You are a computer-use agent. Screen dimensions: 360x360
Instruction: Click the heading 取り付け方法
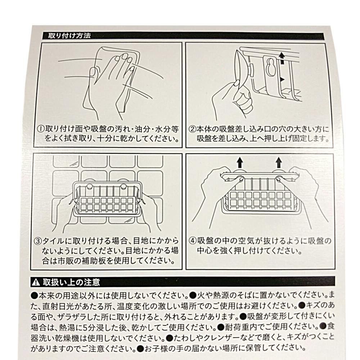click(69, 36)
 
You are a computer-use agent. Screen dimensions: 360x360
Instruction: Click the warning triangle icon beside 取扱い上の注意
click(36, 282)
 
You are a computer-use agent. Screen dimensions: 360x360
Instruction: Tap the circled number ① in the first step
click(41, 129)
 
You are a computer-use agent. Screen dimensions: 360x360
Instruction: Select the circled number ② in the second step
click(192, 129)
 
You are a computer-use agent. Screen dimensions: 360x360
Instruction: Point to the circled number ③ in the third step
click(38, 241)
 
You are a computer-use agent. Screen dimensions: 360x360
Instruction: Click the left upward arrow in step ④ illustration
click(239, 163)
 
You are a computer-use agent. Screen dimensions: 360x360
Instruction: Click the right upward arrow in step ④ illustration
click(279, 163)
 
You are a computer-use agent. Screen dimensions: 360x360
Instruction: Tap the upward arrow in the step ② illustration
click(282, 58)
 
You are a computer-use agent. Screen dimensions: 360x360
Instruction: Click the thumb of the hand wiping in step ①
click(94, 73)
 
